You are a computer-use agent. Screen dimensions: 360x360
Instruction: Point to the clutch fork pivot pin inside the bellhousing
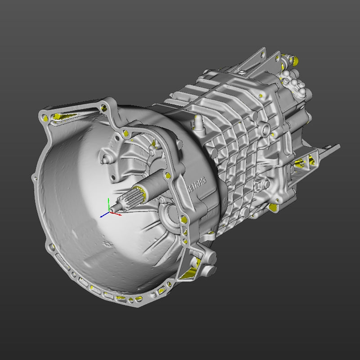tap(105, 159)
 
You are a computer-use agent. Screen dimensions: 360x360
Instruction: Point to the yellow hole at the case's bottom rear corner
tap(273, 207)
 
